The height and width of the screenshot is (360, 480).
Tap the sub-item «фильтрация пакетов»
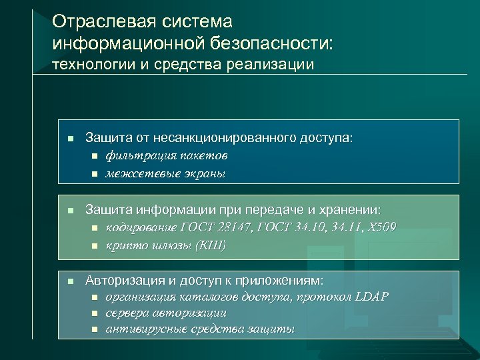166,156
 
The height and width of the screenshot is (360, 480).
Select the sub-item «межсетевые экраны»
165,173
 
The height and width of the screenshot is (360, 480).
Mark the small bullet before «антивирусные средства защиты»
94,329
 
